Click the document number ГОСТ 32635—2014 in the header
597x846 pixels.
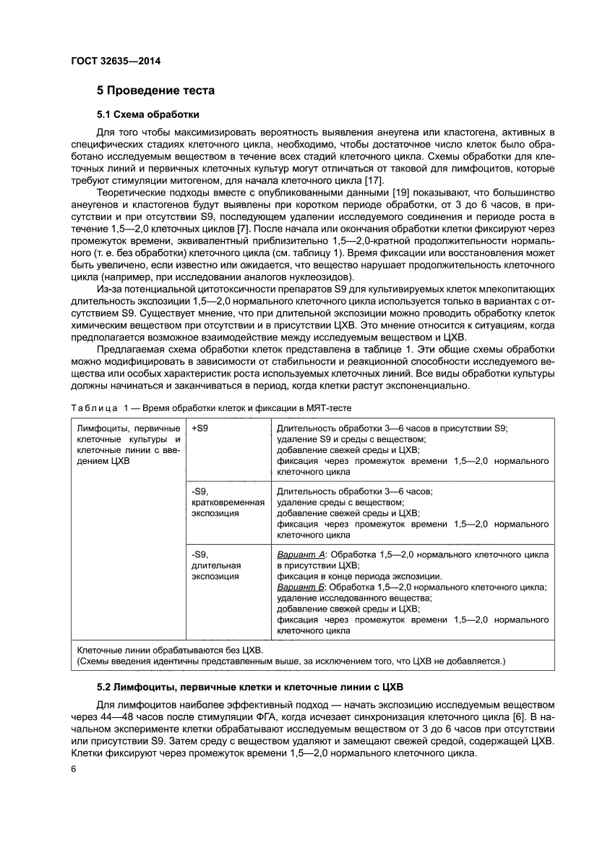(x=116, y=61)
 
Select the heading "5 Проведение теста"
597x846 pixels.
(x=156, y=91)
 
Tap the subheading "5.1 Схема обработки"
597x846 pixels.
(x=147, y=114)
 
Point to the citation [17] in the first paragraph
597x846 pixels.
(x=374, y=180)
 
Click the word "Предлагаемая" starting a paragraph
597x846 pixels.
(x=129, y=352)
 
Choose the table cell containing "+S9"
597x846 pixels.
(x=200, y=428)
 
